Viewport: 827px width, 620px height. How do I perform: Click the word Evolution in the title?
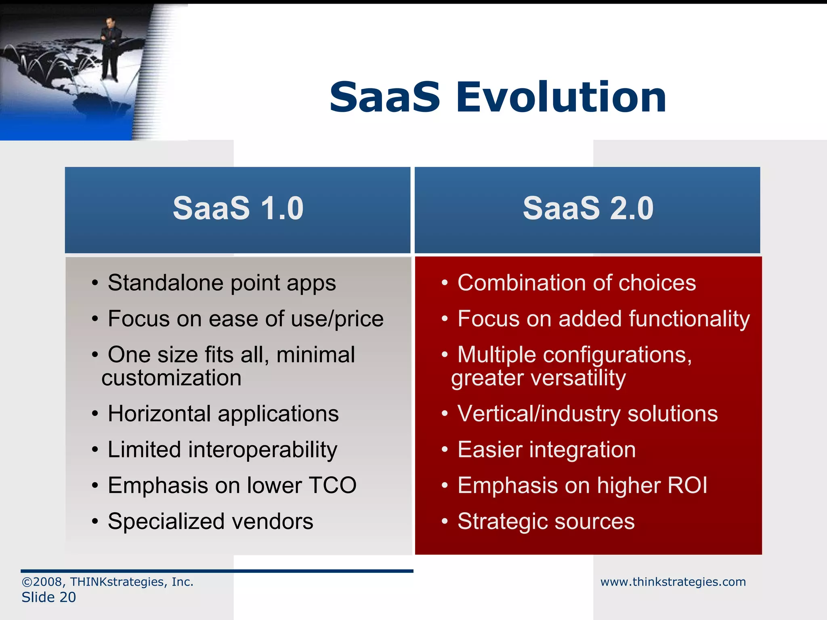[x=561, y=97]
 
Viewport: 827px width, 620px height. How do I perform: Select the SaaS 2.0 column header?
[x=588, y=209]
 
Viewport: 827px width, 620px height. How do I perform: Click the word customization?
[x=171, y=378]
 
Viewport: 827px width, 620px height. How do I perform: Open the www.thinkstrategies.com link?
[x=673, y=582]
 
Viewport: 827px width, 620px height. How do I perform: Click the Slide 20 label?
[x=48, y=597]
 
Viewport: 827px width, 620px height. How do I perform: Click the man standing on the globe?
[x=110, y=48]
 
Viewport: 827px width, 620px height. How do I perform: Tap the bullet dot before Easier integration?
[x=445, y=449]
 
